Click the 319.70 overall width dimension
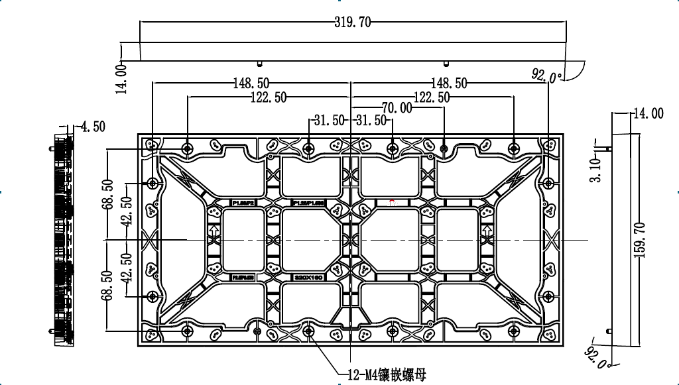pyautogui.click(x=352, y=23)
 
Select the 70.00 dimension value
pyautogui.click(x=397, y=108)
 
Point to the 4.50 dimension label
pyautogui.click(x=92, y=127)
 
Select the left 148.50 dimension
pyautogui.click(x=251, y=83)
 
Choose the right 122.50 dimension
pyautogui.click(x=432, y=97)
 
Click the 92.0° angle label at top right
pyautogui.click(x=546, y=76)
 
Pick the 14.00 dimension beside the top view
pyautogui.click(x=121, y=79)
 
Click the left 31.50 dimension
pyautogui.click(x=330, y=121)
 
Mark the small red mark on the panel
pyautogui.click(x=392, y=201)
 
